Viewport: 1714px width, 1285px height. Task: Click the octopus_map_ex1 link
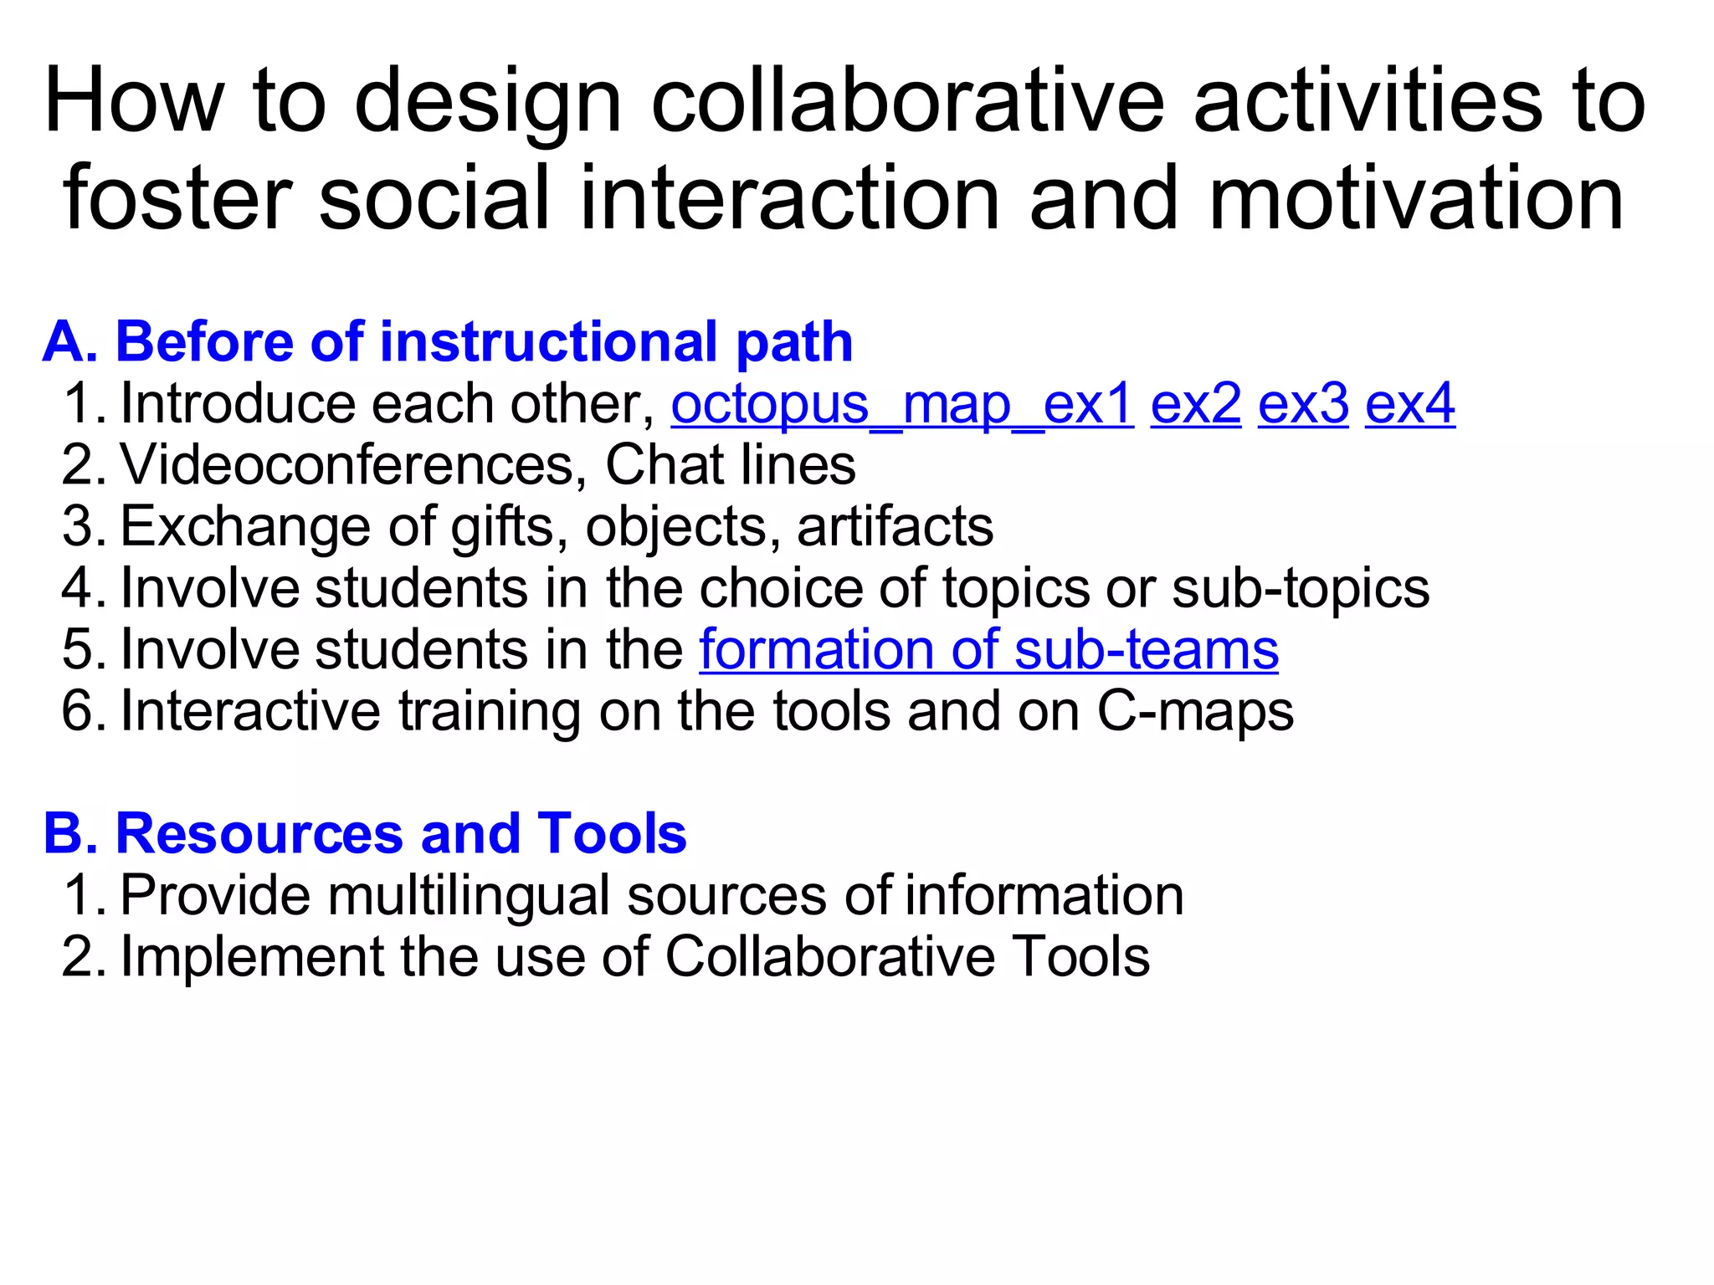tap(901, 405)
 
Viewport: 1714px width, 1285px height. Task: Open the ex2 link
tap(1195, 405)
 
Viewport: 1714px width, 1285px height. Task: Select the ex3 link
tap(1302, 405)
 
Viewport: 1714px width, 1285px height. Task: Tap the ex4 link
tap(1409, 405)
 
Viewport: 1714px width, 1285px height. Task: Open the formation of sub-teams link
tap(988, 650)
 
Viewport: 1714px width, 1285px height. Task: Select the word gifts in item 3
tap(504, 528)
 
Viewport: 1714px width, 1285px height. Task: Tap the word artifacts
tap(895, 527)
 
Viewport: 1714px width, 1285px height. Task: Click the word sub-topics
tap(1301, 588)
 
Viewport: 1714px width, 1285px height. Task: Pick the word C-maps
tap(1195, 712)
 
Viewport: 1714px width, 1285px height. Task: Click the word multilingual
tap(468, 896)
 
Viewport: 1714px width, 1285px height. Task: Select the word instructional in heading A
tap(548, 342)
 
